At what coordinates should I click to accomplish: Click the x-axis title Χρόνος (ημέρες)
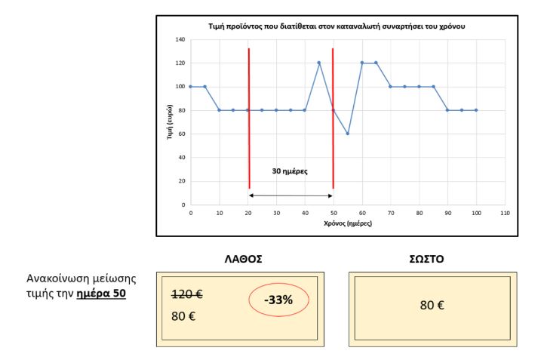347,223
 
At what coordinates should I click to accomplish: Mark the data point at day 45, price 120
319,63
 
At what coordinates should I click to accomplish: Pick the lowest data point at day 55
348,134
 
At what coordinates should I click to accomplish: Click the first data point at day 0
191,86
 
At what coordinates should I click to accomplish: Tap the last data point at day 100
476,110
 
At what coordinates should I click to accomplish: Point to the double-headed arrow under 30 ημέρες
290,195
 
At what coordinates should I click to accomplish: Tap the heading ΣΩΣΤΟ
433,257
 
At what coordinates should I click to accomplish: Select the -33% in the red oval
279,300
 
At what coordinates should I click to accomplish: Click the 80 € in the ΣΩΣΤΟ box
432,307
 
